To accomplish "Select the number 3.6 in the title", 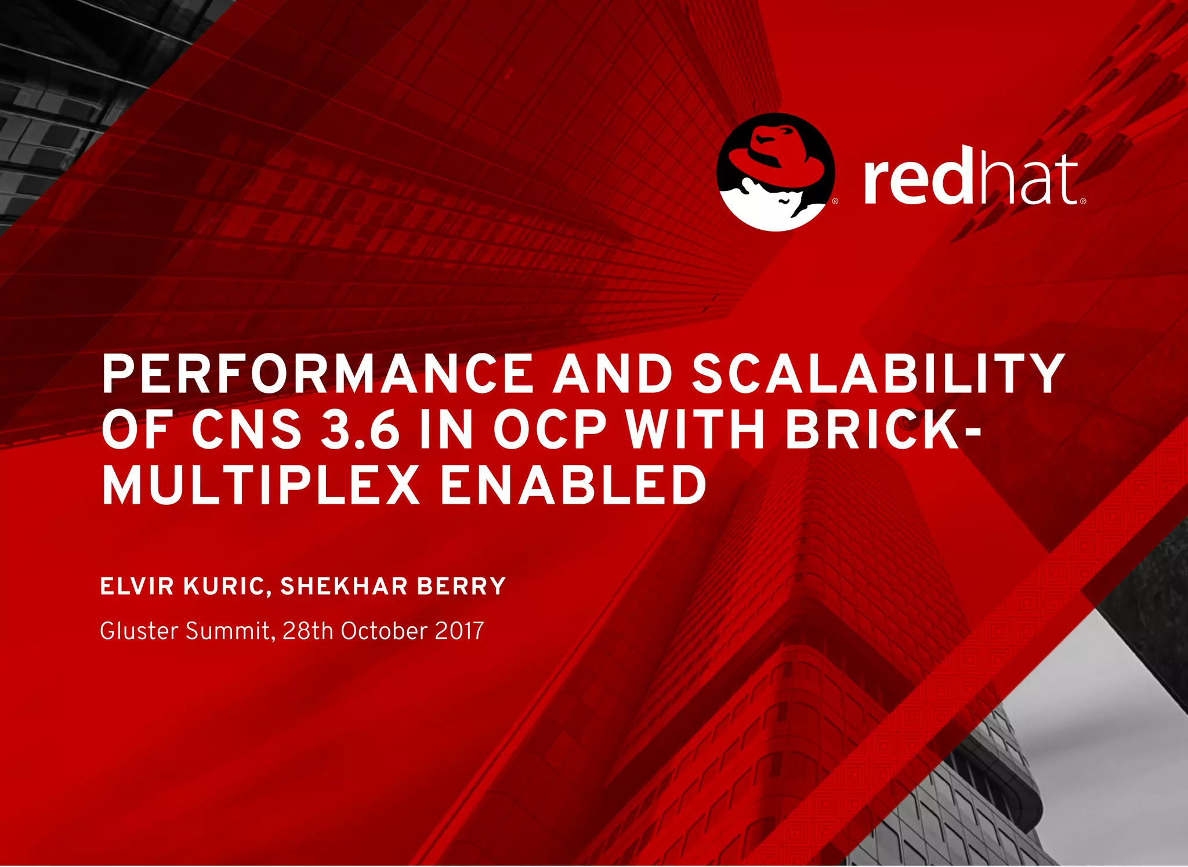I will [x=360, y=430].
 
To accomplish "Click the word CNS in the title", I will [x=247, y=430].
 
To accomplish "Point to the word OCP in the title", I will [x=549, y=430].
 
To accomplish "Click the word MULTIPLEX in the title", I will [x=260, y=486].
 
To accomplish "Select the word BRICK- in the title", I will [x=883, y=430].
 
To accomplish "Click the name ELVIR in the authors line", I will [x=137, y=586].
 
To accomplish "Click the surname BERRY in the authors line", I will [x=462, y=586].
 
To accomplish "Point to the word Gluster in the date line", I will [x=139, y=631].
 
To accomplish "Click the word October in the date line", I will [x=384, y=631].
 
